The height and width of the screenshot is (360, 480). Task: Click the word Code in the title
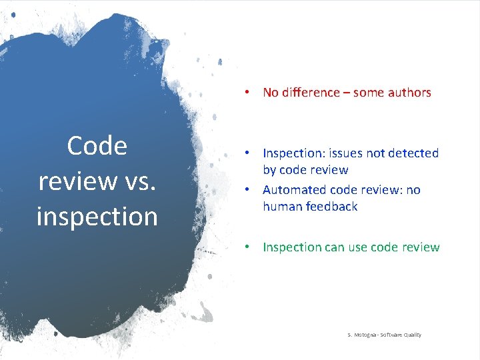(97, 145)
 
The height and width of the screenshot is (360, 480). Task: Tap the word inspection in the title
(97, 216)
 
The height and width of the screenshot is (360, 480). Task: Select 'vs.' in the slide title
(137, 181)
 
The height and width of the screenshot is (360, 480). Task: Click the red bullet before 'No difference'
(247, 92)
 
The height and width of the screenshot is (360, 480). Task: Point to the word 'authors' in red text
(406, 93)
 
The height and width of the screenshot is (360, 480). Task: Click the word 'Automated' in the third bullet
(293, 190)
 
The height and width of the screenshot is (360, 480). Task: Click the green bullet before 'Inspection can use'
(247, 247)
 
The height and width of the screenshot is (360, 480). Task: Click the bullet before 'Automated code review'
(247, 189)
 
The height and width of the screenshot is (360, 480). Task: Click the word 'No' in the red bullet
(271, 93)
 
